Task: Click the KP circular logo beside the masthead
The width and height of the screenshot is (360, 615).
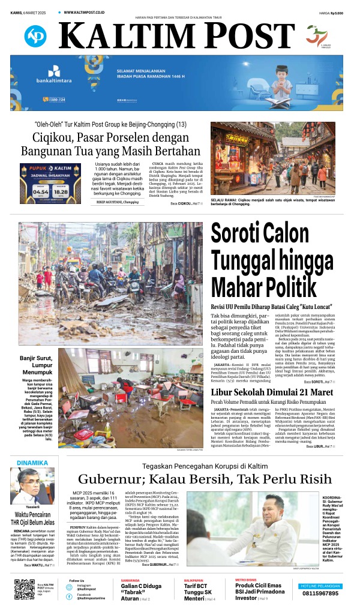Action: pyautogui.click(x=35, y=36)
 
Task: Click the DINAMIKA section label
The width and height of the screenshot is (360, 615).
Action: pyautogui.click(x=33, y=463)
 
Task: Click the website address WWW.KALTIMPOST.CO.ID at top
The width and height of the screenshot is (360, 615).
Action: pyautogui.click(x=88, y=12)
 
